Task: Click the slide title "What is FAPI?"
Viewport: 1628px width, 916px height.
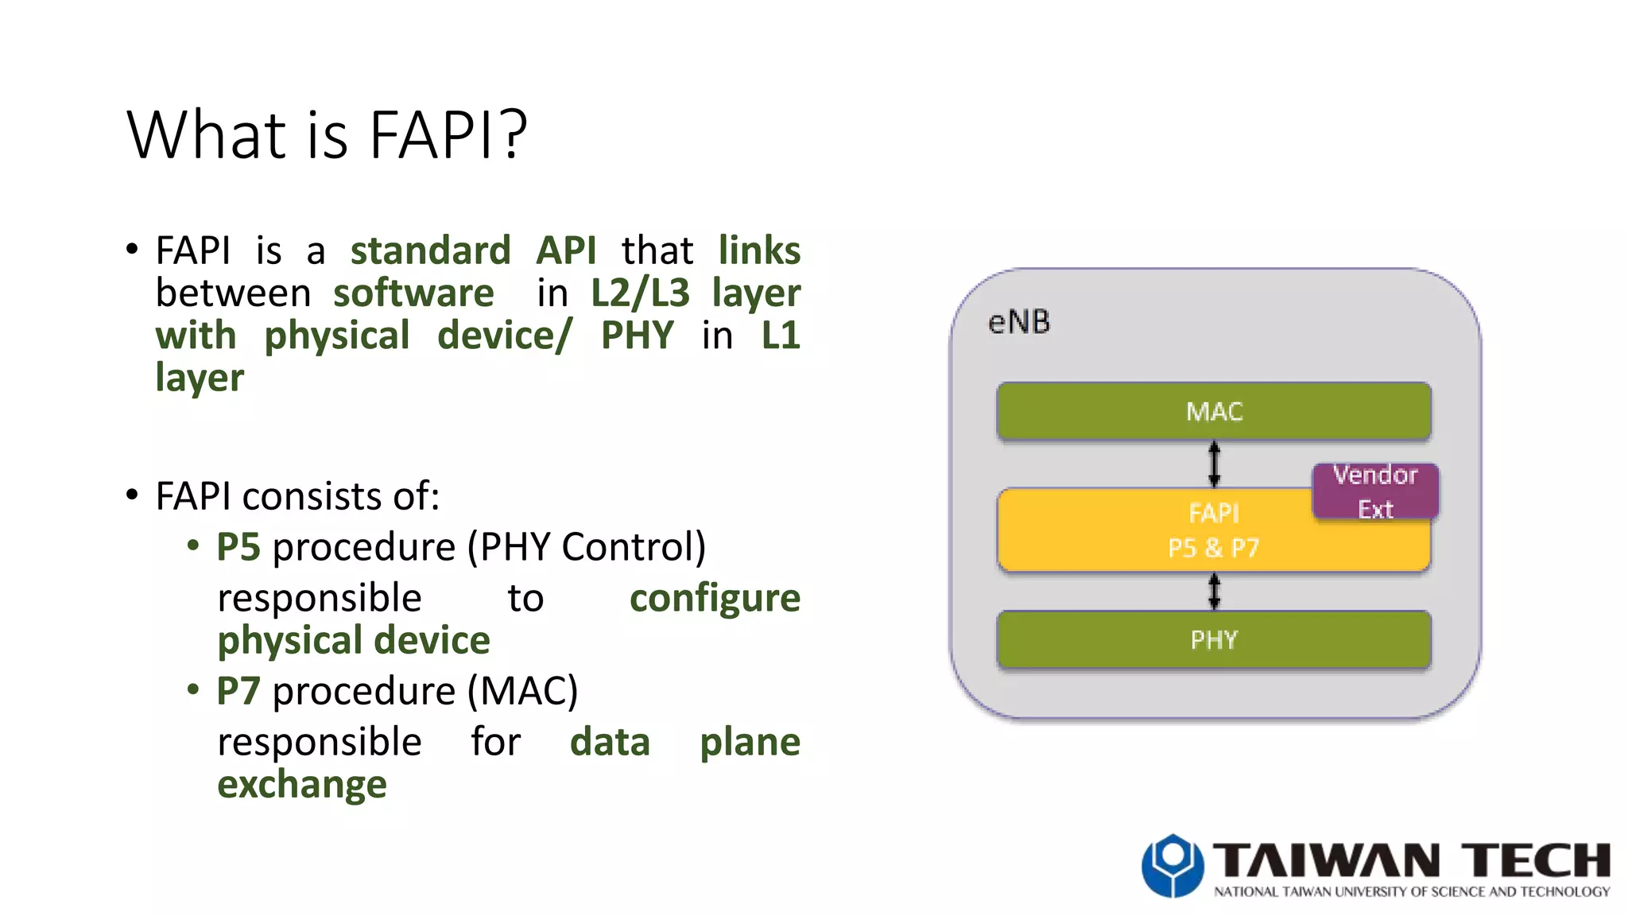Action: coord(326,134)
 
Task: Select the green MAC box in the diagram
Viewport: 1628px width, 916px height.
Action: coord(1214,411)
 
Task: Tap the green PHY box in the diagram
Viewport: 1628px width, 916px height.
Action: coord(1214,639)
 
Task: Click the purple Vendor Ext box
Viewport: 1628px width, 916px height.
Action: coord(1375,491)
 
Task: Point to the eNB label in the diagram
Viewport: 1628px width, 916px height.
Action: coord(1018,322)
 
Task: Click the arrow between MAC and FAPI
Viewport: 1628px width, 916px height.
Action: coord(1214,464)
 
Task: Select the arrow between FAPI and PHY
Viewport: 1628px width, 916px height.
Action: coord(1214,592)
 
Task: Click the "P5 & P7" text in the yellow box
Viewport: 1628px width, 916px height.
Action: coord(1213,548)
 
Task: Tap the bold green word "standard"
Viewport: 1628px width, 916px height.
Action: coord(430,250)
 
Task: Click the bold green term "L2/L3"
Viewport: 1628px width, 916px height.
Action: coord(640,293)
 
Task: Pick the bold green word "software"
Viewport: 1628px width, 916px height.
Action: coord(413,293)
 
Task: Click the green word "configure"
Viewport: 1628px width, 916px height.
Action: coord(715,598)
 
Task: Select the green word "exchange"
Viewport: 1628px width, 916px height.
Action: coord(302,784)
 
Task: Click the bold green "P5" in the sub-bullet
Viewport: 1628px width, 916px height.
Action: coord(238,547)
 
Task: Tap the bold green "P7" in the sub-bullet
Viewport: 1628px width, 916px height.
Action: coord(238,691)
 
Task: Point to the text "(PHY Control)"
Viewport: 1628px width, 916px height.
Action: coord(586,547)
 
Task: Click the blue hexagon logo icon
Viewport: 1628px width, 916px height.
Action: coord(1172,865)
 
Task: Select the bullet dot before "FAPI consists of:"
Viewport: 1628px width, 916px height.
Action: coord(132,495)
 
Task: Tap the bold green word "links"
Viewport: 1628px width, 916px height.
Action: coord(759,250)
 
